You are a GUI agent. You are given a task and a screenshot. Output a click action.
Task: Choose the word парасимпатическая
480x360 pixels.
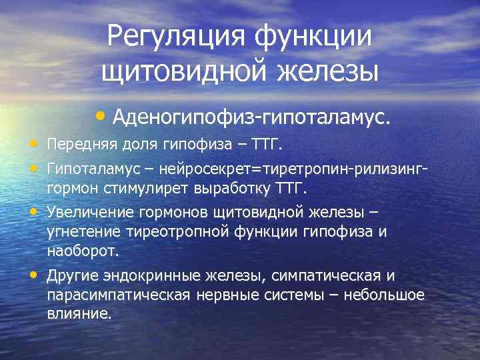pyautogui.click(x=118, y=294)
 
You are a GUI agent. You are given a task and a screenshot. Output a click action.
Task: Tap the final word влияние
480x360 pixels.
pyautogui.click(x=79, y=313)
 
